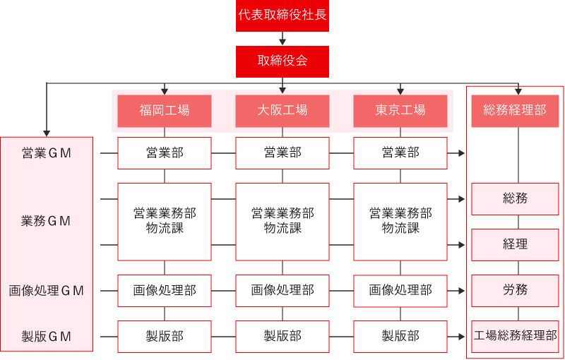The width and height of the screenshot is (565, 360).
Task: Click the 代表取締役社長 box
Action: (282, 16)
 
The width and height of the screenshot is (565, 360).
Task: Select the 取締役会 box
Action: (282, 61)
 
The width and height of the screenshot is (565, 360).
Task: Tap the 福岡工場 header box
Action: (165, 111)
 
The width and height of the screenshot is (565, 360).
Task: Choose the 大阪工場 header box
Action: (282, 111)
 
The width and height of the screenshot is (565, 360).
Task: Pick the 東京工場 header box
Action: (400, 111)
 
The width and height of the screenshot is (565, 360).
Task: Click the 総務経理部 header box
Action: (515, 111)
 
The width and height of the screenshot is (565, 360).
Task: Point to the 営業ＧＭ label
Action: (47, 153)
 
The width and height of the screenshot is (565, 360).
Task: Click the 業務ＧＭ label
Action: (46, 222)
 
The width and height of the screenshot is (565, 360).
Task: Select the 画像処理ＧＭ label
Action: (46, 291)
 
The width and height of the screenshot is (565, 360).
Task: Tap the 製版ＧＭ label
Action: (47, 337)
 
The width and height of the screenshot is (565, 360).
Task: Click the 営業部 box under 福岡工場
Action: (165, 153)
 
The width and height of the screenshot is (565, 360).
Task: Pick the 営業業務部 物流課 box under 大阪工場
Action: (282, 222)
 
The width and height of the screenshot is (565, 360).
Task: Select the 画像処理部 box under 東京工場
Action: (400, 291)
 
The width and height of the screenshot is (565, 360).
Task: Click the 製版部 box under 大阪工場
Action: (282, 337)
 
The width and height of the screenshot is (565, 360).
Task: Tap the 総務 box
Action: (516, 199)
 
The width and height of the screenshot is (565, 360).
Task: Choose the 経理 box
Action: (516, 245)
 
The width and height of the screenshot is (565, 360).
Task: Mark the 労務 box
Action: (516, 291)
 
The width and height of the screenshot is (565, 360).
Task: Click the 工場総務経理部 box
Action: (516, 337)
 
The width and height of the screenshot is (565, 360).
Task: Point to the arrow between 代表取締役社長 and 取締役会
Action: (282, 39)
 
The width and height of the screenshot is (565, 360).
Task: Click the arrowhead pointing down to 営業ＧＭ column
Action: (47, 133)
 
